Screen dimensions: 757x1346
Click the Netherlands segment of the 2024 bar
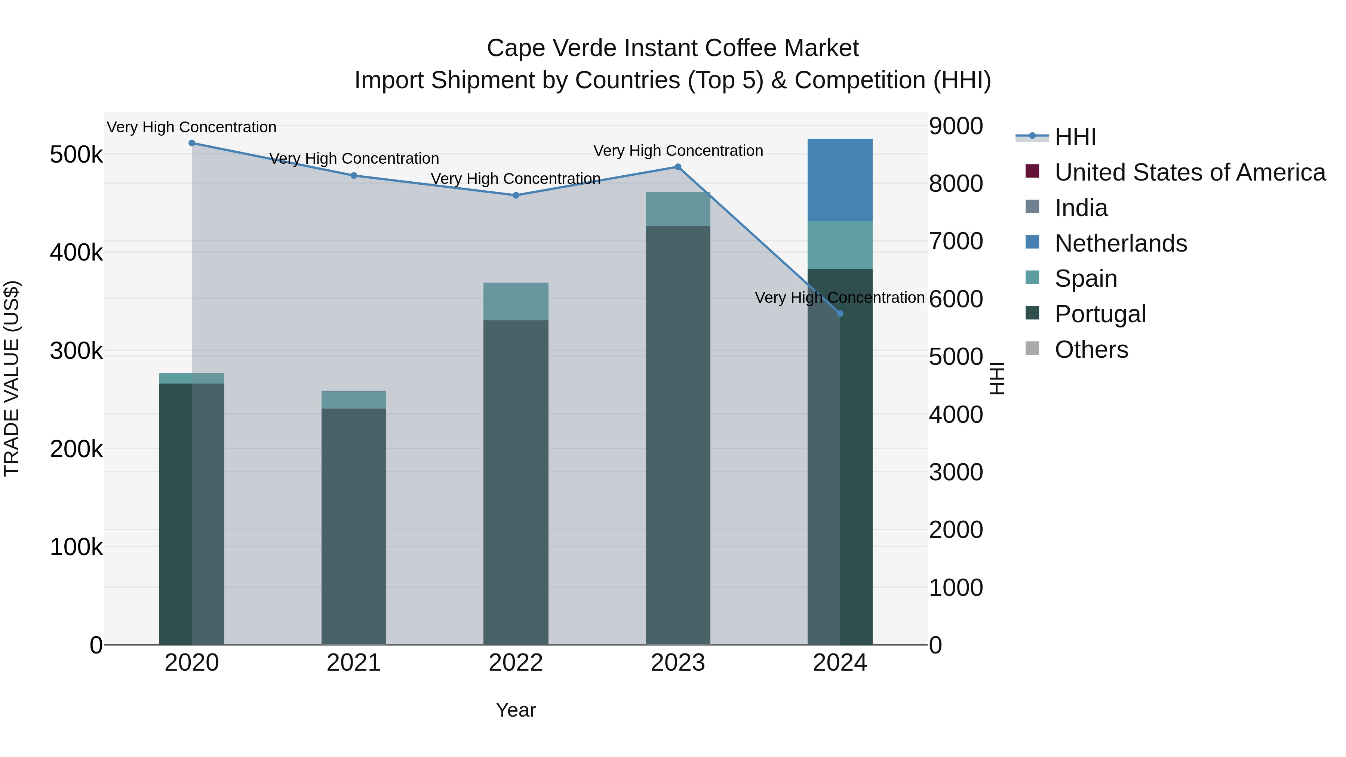point(840,180)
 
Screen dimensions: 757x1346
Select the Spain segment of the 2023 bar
point(678,209)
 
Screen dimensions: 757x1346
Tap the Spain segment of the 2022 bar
point(516,301)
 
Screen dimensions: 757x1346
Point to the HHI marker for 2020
point(192,143)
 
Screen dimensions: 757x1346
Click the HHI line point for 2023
point(678,167)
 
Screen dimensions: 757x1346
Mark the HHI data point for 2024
point(840,314)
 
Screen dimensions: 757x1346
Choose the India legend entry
point(1081,208)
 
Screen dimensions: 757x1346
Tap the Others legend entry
point(1091,350)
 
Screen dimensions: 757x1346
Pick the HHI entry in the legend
point(1075,137)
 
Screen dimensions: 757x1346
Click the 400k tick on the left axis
point(76,253)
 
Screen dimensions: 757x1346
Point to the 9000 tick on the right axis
point(956,126)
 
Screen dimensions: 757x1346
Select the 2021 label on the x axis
point(354,663)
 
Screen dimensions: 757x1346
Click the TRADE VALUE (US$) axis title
point(12,378)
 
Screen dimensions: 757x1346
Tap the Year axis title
point(516,710)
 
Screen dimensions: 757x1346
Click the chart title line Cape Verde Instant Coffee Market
point(673,48)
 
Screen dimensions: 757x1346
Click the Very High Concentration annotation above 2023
point(678,150)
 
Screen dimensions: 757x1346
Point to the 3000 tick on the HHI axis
point(956,472)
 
